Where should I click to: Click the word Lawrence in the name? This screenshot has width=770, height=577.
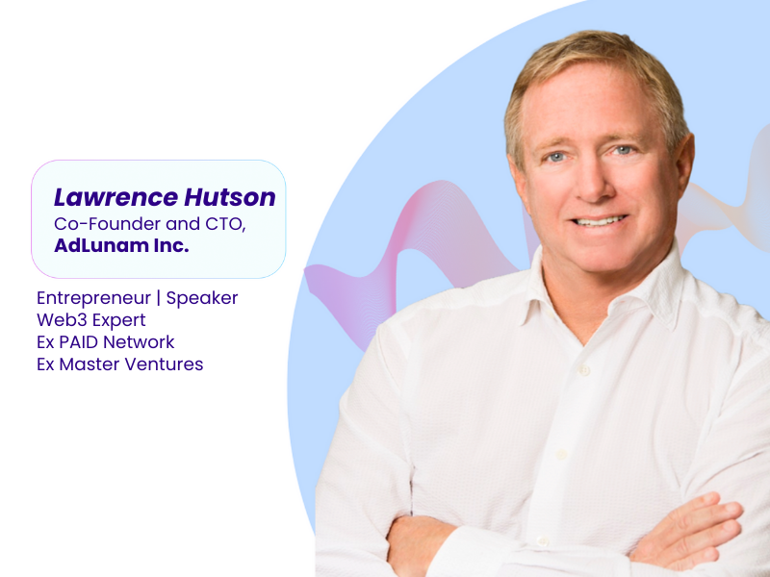click(115, 197)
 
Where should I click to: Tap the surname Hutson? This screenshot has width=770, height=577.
click(230, 197)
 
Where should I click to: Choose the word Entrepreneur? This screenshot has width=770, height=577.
click(93, 298)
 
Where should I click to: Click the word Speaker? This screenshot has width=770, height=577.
click(202, 298)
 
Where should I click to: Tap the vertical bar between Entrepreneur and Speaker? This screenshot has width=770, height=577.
click(158, 298)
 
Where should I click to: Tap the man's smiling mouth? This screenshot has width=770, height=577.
click(600, 221)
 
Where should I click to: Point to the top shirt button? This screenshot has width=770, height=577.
click(584, 370)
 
